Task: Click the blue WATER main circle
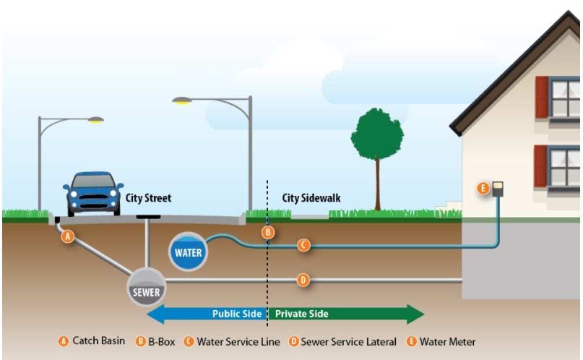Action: point(188,252)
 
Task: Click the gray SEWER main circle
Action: point(147,287)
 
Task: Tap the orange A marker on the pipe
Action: point(68,236)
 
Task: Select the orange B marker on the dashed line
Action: point(268,233)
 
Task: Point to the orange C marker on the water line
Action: point(303,245)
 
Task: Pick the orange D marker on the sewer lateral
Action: point(303,280)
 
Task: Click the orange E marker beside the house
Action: point(483,188)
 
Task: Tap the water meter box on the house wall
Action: point(498,189)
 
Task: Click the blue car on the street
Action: point(93,194)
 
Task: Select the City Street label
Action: point(148,198)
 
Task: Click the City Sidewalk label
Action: point(311,198)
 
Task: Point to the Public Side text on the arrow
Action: point(237,314)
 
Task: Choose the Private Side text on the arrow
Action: point(301,314)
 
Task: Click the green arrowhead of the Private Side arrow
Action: point(415,314)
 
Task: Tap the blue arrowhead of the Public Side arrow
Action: point(156,314)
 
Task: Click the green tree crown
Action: point(377,134)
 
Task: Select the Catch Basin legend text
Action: point(98,340)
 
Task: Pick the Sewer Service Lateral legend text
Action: point(348,342)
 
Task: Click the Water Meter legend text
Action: point(447,342)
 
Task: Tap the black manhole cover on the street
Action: point(148,217)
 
